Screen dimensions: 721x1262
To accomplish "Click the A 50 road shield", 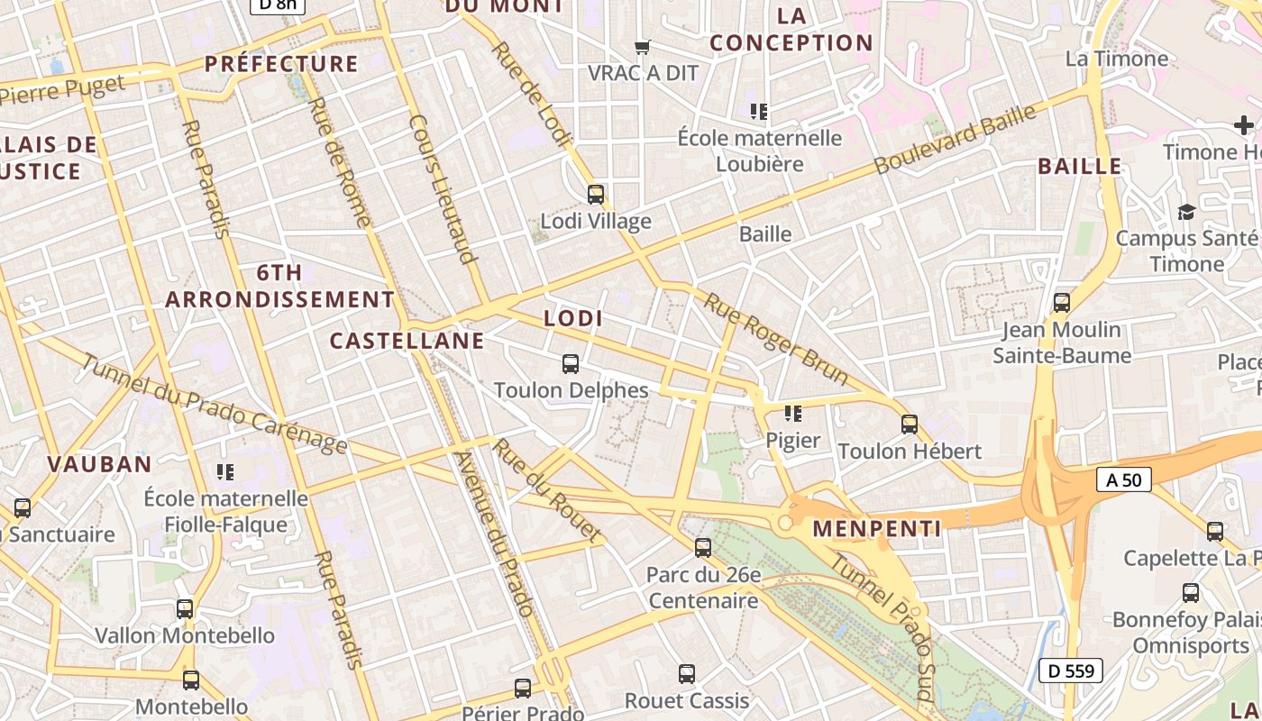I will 1124,479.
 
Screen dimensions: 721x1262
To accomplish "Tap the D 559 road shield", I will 1071,671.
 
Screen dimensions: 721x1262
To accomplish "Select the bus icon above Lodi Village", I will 595,194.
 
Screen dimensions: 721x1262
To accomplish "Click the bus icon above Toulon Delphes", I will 570,363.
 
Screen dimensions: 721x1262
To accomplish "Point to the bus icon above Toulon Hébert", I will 909,424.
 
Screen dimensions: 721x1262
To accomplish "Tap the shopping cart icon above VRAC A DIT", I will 643,46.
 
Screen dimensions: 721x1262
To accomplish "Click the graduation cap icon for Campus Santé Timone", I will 1186,212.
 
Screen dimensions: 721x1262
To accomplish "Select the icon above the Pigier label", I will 793,414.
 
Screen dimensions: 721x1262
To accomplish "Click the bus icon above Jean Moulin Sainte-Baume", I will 1062,303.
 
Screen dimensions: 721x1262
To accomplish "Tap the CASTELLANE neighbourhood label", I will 407,341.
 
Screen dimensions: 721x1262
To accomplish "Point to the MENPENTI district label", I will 877,528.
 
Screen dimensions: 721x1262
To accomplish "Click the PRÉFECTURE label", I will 281,64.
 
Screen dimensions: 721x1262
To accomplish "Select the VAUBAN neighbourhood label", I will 99,464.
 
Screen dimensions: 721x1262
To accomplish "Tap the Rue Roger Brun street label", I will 776,338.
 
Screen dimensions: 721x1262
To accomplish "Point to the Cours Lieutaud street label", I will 442,188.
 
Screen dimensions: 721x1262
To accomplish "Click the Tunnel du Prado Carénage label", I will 214,403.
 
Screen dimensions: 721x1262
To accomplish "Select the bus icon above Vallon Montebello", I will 185,609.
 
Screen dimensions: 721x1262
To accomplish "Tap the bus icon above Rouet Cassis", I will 686,673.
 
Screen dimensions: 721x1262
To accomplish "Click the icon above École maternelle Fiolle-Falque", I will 225,471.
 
